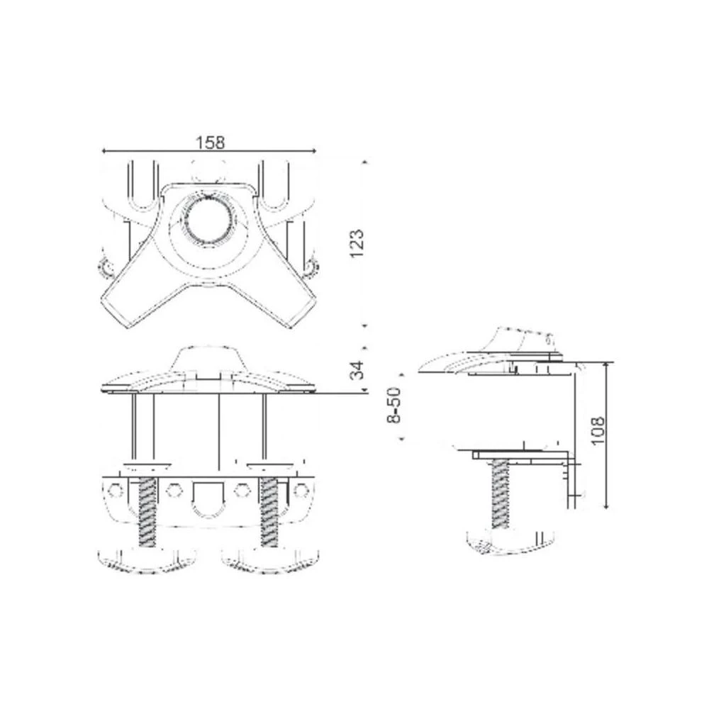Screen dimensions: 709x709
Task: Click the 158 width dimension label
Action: [x=209, y=142]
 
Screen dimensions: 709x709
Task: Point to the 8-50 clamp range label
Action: [x=395, y=405]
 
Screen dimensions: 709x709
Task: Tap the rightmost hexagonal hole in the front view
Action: [x=301, y=490]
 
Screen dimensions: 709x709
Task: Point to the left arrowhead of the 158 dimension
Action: [x=105, y=151]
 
